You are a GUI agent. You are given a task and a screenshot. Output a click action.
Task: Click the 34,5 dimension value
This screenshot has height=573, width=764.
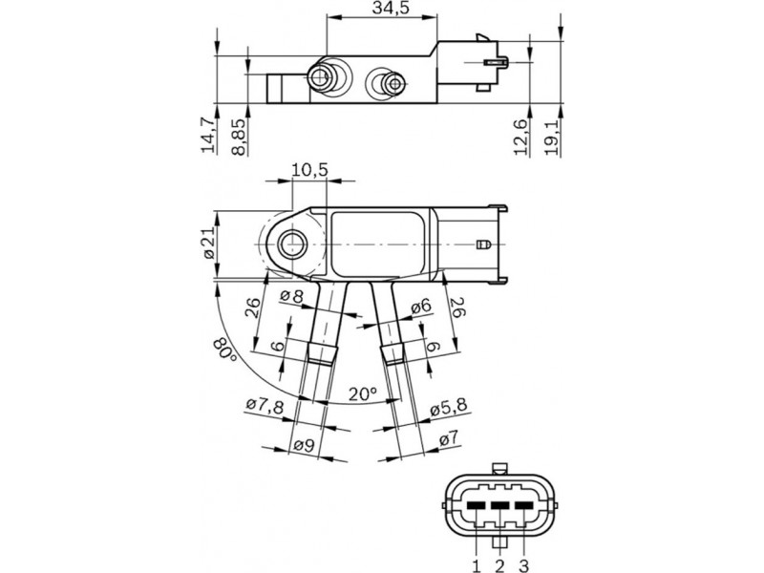pyautogui.click(x=391, y=9)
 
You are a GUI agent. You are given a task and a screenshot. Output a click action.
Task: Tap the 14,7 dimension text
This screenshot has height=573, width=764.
pyautogui.click(x=208, y=135)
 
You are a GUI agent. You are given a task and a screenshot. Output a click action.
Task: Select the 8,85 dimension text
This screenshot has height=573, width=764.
pyautogui.click(x=239, y=136)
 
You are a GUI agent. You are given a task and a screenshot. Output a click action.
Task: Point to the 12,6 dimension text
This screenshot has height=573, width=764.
pyautogui.click(x=520, y=137)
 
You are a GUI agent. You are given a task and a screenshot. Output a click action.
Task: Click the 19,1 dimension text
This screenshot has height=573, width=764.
pyautogui.click(x=551, y=137)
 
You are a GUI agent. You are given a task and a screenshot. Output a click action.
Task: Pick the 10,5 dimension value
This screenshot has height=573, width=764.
pyautogui.click(x=309, y=170)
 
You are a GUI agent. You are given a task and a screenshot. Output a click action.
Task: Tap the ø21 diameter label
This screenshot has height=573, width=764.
pyautogui.click(x=208, y=244)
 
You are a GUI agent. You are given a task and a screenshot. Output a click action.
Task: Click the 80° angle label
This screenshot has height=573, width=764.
pyautogui.click(x=224, y=350)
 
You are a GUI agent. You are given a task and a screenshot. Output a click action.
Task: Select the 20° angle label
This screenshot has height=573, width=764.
pyautogui.click(x=363, y=393)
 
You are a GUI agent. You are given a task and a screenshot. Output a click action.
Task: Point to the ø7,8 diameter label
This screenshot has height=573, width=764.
pyautogui.click(x=265, y=405)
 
